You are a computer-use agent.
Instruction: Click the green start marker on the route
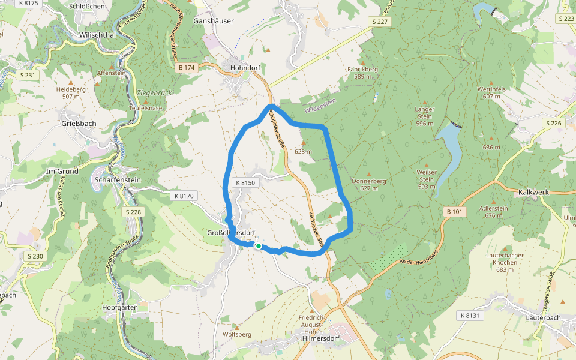(x=258, y=246)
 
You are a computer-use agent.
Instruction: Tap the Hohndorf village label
(x=245, y=68)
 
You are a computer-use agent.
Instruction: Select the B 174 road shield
(x=187, y=68)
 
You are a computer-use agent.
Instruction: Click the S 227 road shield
(x=379, y=22)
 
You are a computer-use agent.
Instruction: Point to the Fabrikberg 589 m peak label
(x=362, y=73)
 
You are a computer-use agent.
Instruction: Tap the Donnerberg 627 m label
(x=368, y=184)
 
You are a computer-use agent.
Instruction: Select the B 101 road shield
(x=455, y=212)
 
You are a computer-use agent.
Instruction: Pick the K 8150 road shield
(x=245, y=182)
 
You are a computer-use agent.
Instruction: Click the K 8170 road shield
(x=184, y=196)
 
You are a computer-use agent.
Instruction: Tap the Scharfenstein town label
(x=117, y=179)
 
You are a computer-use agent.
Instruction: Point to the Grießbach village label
(x=79, y=124)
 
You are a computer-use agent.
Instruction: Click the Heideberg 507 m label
(x=71, y=92)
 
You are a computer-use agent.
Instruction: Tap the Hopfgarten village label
(x=120, y=307)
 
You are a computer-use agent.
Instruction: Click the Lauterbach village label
(x=542, y=317)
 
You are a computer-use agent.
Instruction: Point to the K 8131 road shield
(x=470, y=316)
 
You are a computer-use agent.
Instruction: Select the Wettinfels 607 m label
(x=491, y=92)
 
